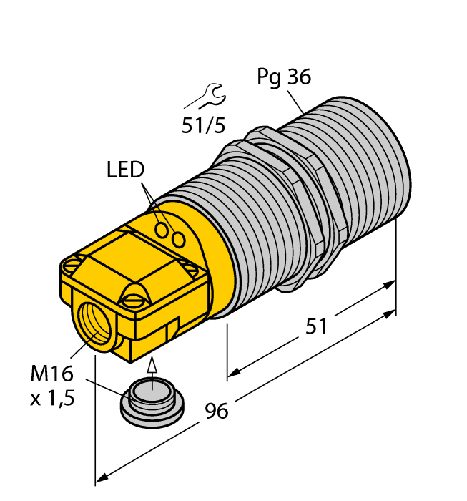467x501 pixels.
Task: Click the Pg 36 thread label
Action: coord(284,77)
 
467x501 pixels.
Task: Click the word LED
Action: coord(125,170)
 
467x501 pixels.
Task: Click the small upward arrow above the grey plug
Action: coord(151,366)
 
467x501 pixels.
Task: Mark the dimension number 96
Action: coord(217,412)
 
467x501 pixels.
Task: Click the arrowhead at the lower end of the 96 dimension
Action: coord(102,477)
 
